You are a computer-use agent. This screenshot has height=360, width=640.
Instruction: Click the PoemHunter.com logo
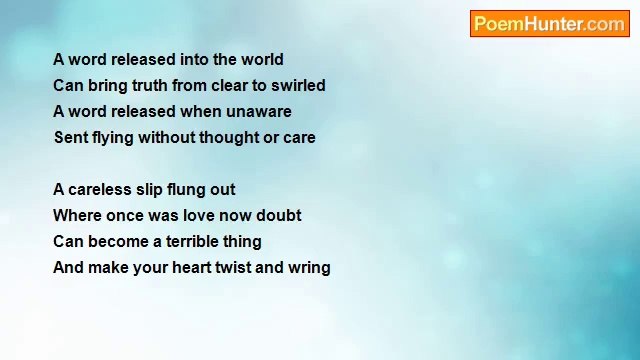[x=549, y=24]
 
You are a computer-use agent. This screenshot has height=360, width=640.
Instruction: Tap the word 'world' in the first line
[x=262, y=60]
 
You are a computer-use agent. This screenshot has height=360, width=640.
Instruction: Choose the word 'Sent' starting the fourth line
[x=70, y=138]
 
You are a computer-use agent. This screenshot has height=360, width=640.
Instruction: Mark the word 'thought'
[x=229, y=138]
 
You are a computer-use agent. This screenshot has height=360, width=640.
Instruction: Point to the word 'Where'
[x=77, y=216]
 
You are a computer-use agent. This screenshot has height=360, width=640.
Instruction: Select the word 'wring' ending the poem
[x=309, y=268]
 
